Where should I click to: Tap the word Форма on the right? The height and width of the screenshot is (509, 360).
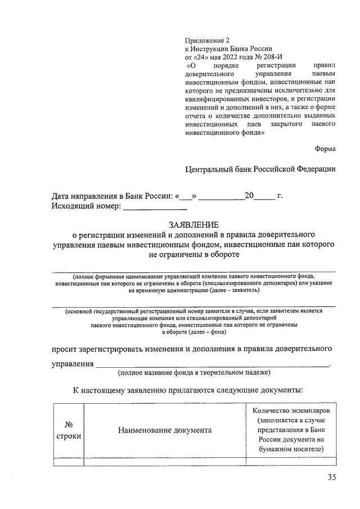point(326,149)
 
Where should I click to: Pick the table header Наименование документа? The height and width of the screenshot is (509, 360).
point(165,430)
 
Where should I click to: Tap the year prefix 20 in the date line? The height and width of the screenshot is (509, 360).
point(249,196)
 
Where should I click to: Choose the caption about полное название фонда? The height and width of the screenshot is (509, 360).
point(193,373)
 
